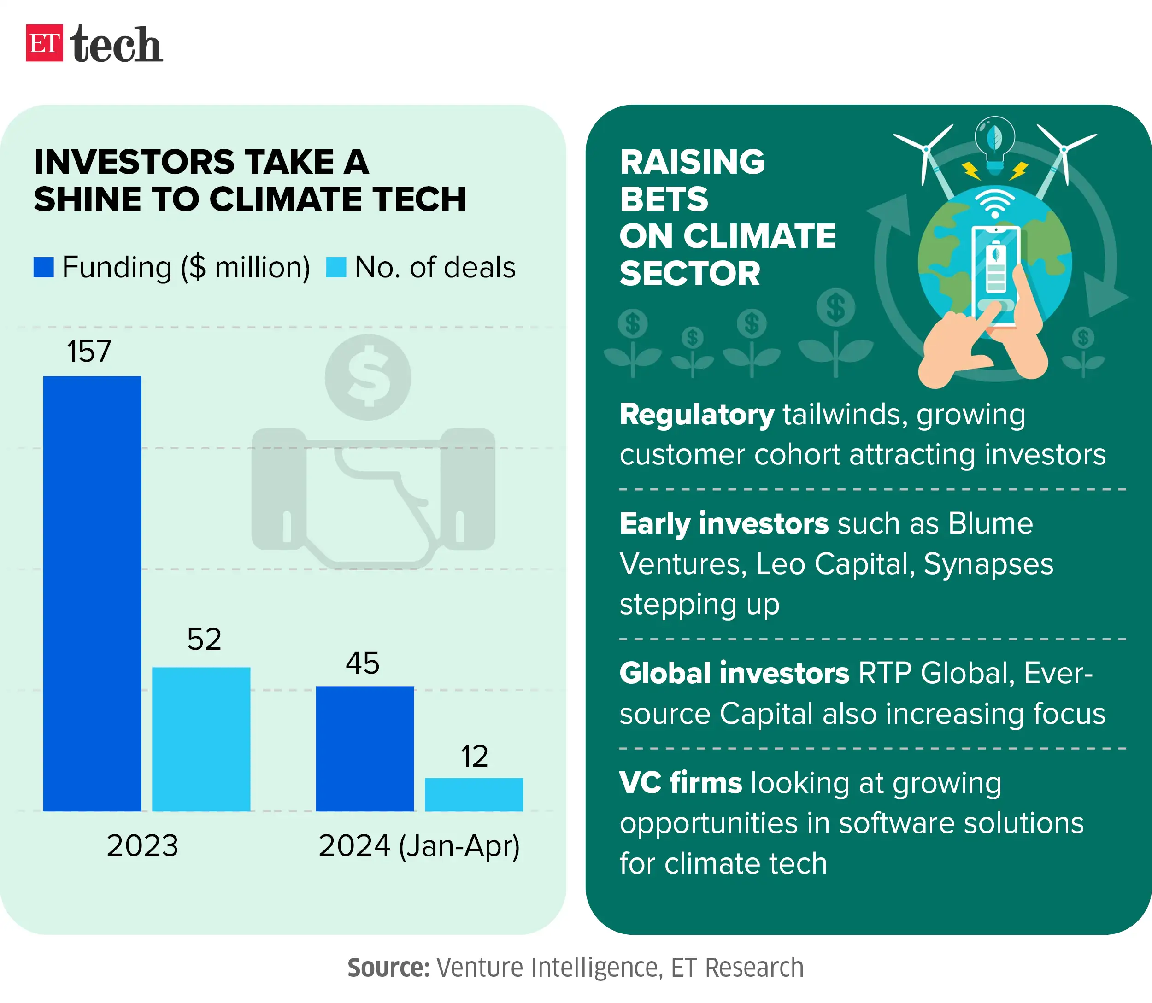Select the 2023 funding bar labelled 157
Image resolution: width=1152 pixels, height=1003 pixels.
(x=92, y=593)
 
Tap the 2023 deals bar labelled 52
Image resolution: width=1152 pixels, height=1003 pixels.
(x=201, y=739)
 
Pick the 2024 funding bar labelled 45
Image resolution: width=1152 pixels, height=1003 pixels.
(x=364, y=748)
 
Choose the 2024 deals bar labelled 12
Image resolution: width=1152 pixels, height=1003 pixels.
(x=474, y=794)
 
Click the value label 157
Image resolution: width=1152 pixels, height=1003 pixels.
(x=89, y=352)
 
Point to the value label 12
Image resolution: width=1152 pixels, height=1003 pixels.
(x=474, y=756)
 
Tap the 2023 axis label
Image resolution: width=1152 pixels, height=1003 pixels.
(x=142, y=845)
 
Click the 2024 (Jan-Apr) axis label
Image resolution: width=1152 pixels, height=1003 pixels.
(x=419, y=845)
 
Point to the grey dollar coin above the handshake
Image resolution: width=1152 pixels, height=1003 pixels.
(x=368, y=377)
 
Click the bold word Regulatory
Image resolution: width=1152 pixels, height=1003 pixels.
(x=697, y=415)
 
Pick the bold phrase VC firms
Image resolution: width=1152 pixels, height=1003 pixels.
(x=680, y=782)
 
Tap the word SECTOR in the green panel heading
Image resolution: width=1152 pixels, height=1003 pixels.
(x=690, y=273)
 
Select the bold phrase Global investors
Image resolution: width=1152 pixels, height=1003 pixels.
(x=734, y=673)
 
